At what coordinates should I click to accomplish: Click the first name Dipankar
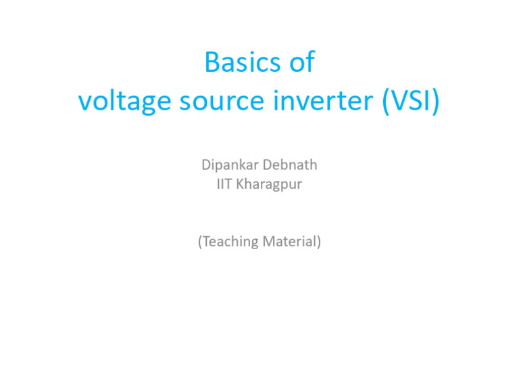(x=228, y=165)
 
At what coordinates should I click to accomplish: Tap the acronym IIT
(x=225, y=183)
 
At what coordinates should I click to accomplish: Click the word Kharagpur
(x=270, y=184)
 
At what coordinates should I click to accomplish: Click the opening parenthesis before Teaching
(x=200, y=241)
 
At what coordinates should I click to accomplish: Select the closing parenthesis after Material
(x=318, y=241)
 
